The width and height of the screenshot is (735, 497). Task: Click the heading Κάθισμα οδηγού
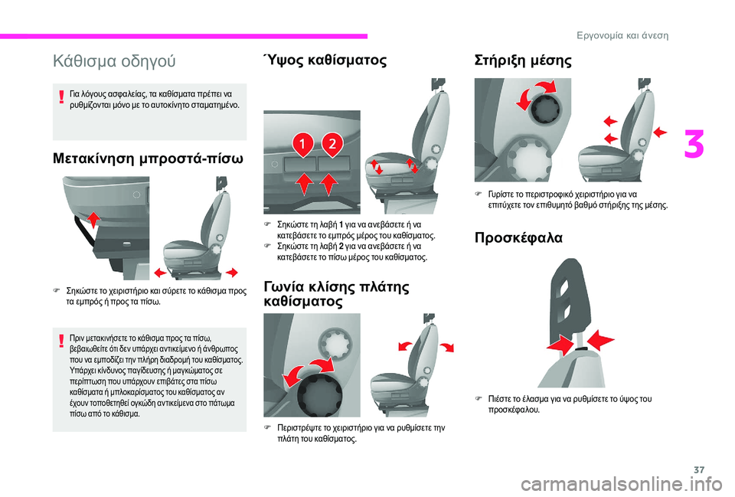tap(114, 61)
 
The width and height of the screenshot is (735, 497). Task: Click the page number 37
tap(699, 469)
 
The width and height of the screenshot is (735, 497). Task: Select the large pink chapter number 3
tap(694, 145)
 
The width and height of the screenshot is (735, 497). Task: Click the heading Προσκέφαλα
tap(518, 237)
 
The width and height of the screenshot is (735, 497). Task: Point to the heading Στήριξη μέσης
tap(523, 60)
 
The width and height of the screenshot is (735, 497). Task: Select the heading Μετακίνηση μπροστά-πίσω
tap(148, 159)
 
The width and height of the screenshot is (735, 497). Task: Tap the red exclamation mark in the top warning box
tap(61, 97)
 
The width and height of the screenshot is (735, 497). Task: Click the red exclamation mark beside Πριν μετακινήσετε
tap(61, 341)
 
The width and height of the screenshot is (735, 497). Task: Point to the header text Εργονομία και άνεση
tap(622, 36)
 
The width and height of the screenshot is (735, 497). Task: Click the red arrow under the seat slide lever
tap(94, 220)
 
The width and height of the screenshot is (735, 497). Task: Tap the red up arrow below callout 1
tap(305, 184)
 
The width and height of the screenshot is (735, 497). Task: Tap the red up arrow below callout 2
tap(328, 184)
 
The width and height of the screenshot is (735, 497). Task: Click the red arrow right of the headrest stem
tap(600, 341)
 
